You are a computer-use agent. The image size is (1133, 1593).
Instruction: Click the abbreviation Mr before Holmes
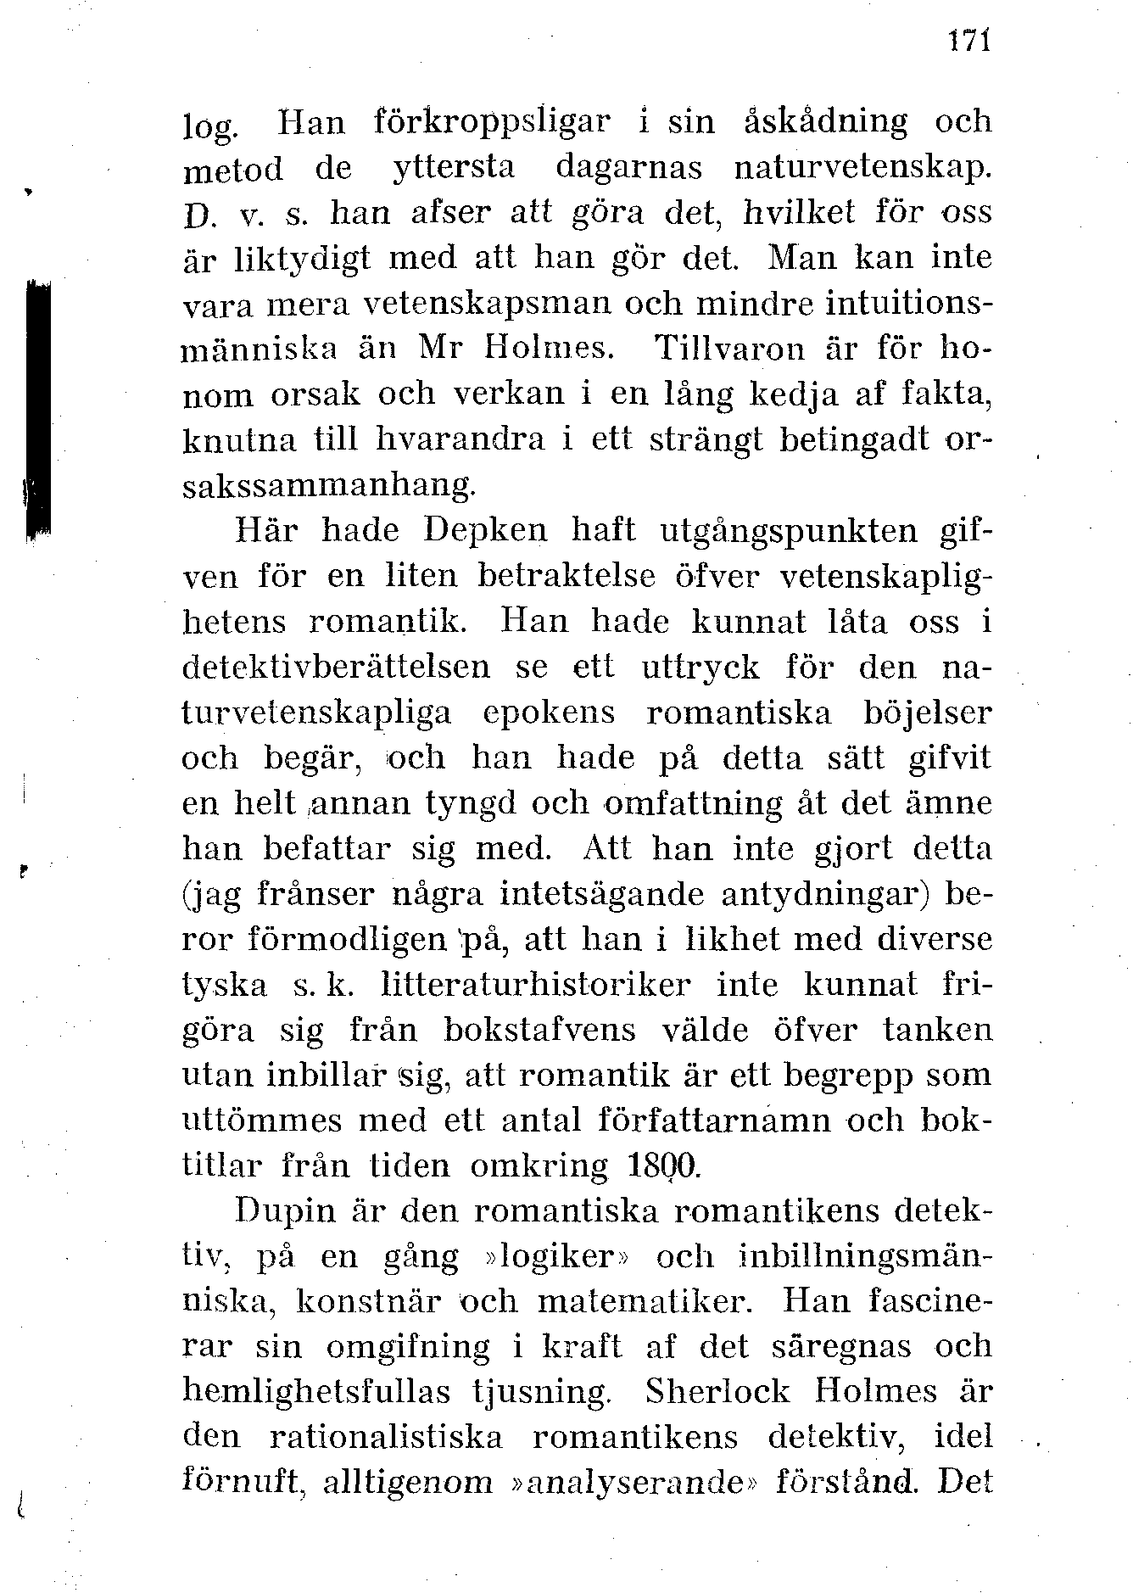[440, 348]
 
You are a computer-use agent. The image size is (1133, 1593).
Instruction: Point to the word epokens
[549, 713]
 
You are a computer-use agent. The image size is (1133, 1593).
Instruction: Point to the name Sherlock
[717, 1392]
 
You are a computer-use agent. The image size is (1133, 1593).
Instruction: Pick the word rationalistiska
[386, 1438]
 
